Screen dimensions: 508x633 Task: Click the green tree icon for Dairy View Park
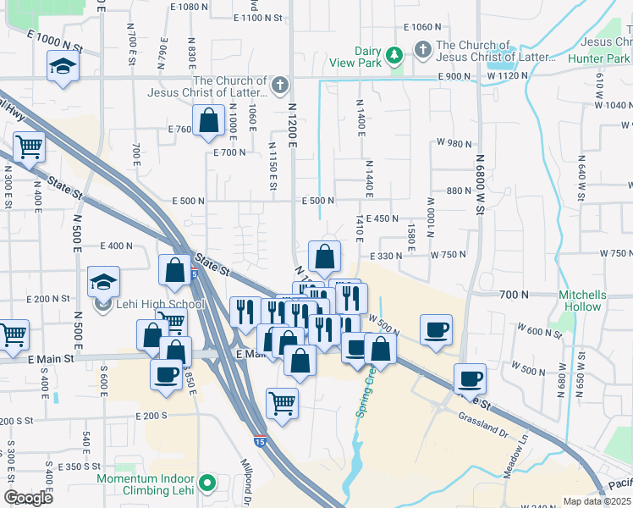tap(394, 56)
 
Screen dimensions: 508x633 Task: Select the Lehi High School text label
tap(161, 305)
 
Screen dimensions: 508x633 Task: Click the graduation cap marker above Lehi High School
tap(104, 282)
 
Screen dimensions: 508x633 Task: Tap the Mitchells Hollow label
tap(582, 301)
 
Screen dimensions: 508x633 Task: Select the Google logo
tap(28, 498)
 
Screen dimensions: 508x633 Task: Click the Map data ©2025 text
tap(596, 501)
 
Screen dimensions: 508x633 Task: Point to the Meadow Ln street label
tap(515, 458)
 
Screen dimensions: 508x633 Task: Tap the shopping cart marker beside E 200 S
tap(282, 402)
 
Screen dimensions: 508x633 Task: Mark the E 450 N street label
tap(383, 218)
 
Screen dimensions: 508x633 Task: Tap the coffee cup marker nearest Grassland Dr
tap(470, 378)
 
